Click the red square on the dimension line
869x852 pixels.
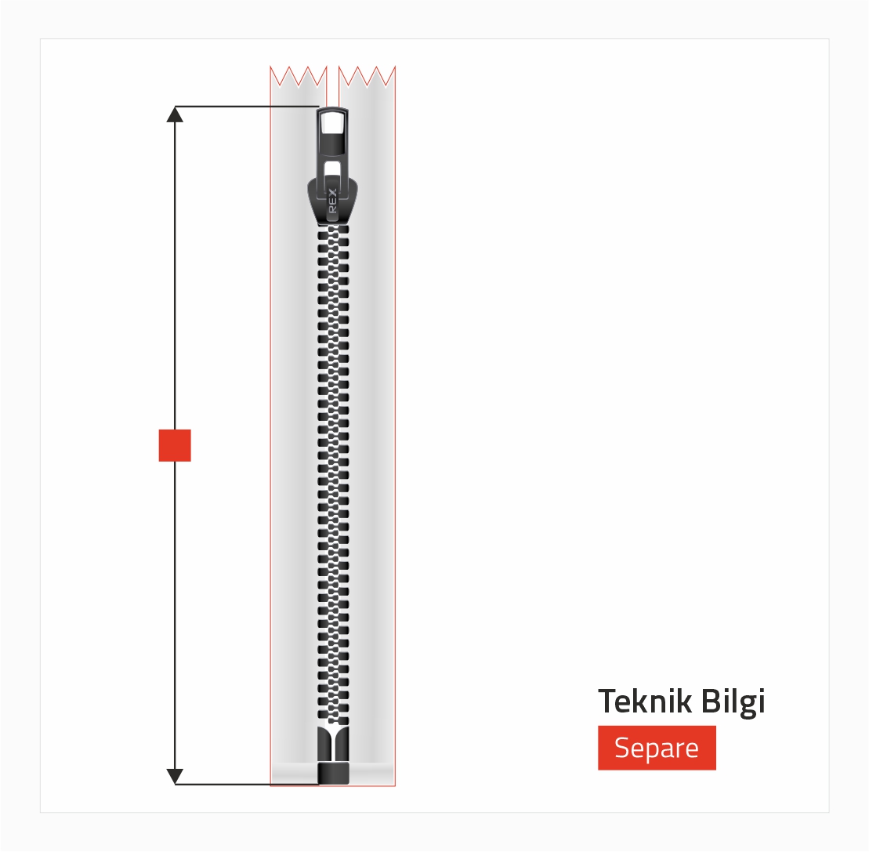pos(175,445)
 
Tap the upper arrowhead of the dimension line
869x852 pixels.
pos(175,114)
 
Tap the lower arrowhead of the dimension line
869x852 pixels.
pos(175,777)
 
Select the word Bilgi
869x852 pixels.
pos(733,702)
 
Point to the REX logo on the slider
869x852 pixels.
pos(332,201)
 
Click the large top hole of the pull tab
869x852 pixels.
pos(332,122)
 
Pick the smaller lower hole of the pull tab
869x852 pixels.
pos(332,169)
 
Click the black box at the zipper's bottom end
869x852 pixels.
pos(333,774)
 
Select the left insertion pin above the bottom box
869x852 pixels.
pos(324,744)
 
